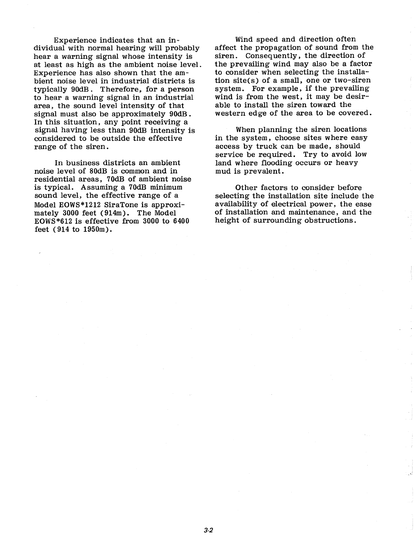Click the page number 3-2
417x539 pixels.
pyautogui.click(x=208, y=530)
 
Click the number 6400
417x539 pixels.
pyautogui.click(x=180, y=222)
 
